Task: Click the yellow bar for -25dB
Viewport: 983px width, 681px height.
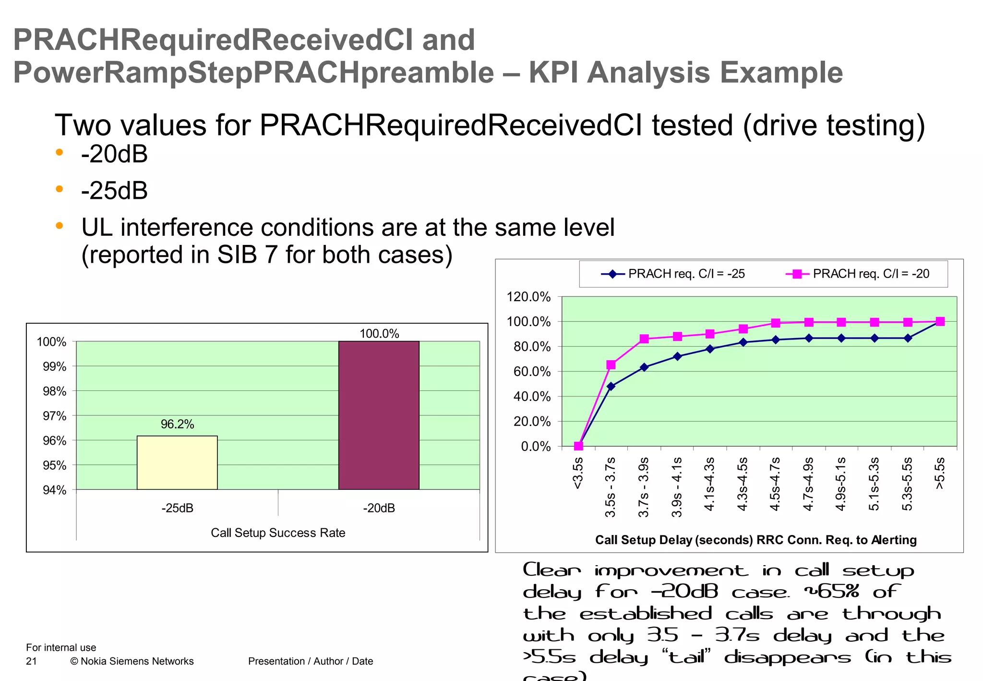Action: (x=177, y=462)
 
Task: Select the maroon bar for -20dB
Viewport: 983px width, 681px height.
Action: (x=379, y=415)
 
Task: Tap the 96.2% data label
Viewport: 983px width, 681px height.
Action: (x=177, y=424)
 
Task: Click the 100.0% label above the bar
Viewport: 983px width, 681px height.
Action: (x=379, y=333)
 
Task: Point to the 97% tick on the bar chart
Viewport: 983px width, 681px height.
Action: (x=55, y=416)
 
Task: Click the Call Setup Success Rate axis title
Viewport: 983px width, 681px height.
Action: (x=278, y=533)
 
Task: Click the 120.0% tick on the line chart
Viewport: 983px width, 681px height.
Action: (x=528, y=297)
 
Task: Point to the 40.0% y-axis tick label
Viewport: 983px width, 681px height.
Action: (x=532, y=397)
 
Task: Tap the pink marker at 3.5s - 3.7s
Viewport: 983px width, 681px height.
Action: (x=611, y=365)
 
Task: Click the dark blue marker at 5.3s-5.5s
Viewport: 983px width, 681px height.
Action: (x=908, y=338)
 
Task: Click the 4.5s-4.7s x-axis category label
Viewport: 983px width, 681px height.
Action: (x=776, y=484)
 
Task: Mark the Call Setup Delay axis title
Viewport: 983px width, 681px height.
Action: (x=755, y=540)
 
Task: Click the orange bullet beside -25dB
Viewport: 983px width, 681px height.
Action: (x=60, y=189)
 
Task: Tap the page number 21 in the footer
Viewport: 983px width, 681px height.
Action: (x=31, y=661)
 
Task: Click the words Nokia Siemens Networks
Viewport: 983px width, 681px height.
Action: (x=137, y=661)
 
